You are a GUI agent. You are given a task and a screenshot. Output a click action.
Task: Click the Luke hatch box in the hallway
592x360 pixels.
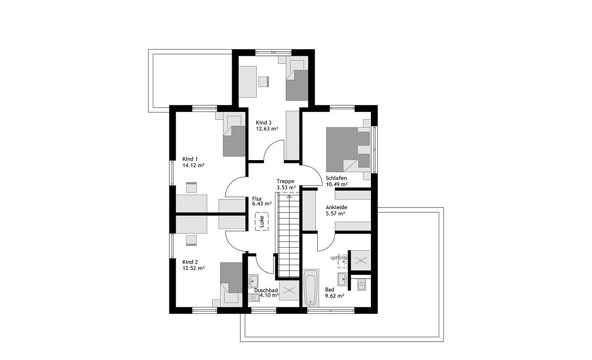point(262,222)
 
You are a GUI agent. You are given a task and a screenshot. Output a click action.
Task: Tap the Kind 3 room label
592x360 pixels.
point(264,123)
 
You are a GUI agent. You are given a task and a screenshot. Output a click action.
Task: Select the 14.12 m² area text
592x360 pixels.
point(193,166)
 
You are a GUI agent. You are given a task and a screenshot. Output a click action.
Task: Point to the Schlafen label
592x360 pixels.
point(336,178)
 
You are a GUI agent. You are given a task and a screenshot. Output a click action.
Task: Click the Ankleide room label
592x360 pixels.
point(336,207)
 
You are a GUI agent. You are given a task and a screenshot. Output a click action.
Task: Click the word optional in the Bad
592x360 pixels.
point(339,258)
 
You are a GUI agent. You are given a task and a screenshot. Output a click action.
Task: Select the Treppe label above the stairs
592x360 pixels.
point(285,181)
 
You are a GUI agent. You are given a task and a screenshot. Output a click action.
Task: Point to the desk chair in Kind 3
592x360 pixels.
point(264,81)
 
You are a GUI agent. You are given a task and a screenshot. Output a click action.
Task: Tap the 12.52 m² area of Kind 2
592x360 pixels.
point(193,268)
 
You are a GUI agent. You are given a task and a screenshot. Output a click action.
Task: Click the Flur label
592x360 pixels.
point(257,199)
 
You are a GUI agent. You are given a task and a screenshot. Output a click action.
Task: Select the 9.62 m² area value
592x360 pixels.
point(334,296)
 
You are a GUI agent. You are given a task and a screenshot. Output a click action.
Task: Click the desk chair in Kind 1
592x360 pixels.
point(191,187)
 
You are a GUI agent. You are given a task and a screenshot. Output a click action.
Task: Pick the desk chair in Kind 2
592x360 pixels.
point(191,241)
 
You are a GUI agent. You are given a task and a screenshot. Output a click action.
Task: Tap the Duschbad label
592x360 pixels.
point(266,291)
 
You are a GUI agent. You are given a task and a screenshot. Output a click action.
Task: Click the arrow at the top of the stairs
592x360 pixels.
point(290,196)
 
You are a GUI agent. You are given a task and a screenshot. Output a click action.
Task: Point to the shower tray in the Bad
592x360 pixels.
point(361,261)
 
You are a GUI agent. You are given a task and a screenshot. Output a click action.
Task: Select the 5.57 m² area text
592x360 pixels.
point(335,214)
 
